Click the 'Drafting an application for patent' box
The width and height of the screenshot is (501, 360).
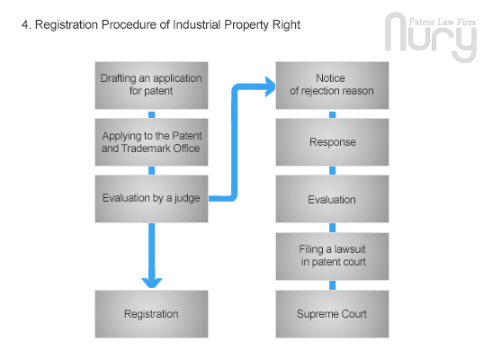click(151, 85)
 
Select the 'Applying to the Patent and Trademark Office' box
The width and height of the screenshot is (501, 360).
click(151, 142)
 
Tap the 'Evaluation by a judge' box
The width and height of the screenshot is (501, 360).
click(151, 199)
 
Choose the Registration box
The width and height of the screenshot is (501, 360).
click(151, 314)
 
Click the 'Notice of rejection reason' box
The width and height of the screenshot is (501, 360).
click(332, 85)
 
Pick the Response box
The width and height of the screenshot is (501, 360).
click(332, 142)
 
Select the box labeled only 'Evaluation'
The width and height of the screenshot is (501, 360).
click(332, 199)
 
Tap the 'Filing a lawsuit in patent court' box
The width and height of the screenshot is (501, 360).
click(332, 256)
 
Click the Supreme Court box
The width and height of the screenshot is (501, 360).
click(332, 314)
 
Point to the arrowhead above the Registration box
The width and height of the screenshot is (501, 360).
click(152, 283)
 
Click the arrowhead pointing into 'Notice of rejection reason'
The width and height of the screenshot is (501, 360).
click(271, 86)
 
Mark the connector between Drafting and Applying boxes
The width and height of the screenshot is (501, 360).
click(152, 114)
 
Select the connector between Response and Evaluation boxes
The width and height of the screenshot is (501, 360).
click(332, 170)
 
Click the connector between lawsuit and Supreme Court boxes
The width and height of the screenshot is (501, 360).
click(332, 285)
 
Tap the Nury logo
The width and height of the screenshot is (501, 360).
click(431, 37)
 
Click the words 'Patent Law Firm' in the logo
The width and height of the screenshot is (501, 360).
click(443, 22)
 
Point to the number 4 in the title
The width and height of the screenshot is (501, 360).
click(25, 25)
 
